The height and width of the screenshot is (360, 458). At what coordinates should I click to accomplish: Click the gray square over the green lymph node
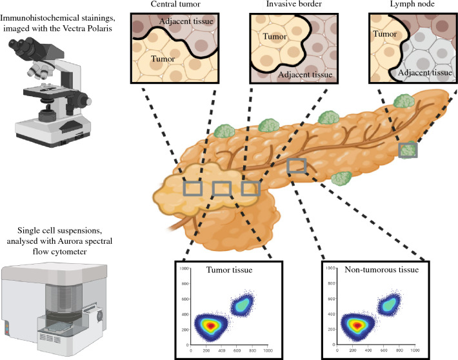click(407, 150)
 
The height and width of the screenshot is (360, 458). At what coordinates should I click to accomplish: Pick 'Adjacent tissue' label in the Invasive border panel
click(305, 74)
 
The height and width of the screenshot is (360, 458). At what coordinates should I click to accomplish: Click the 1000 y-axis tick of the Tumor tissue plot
click(184, 267)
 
